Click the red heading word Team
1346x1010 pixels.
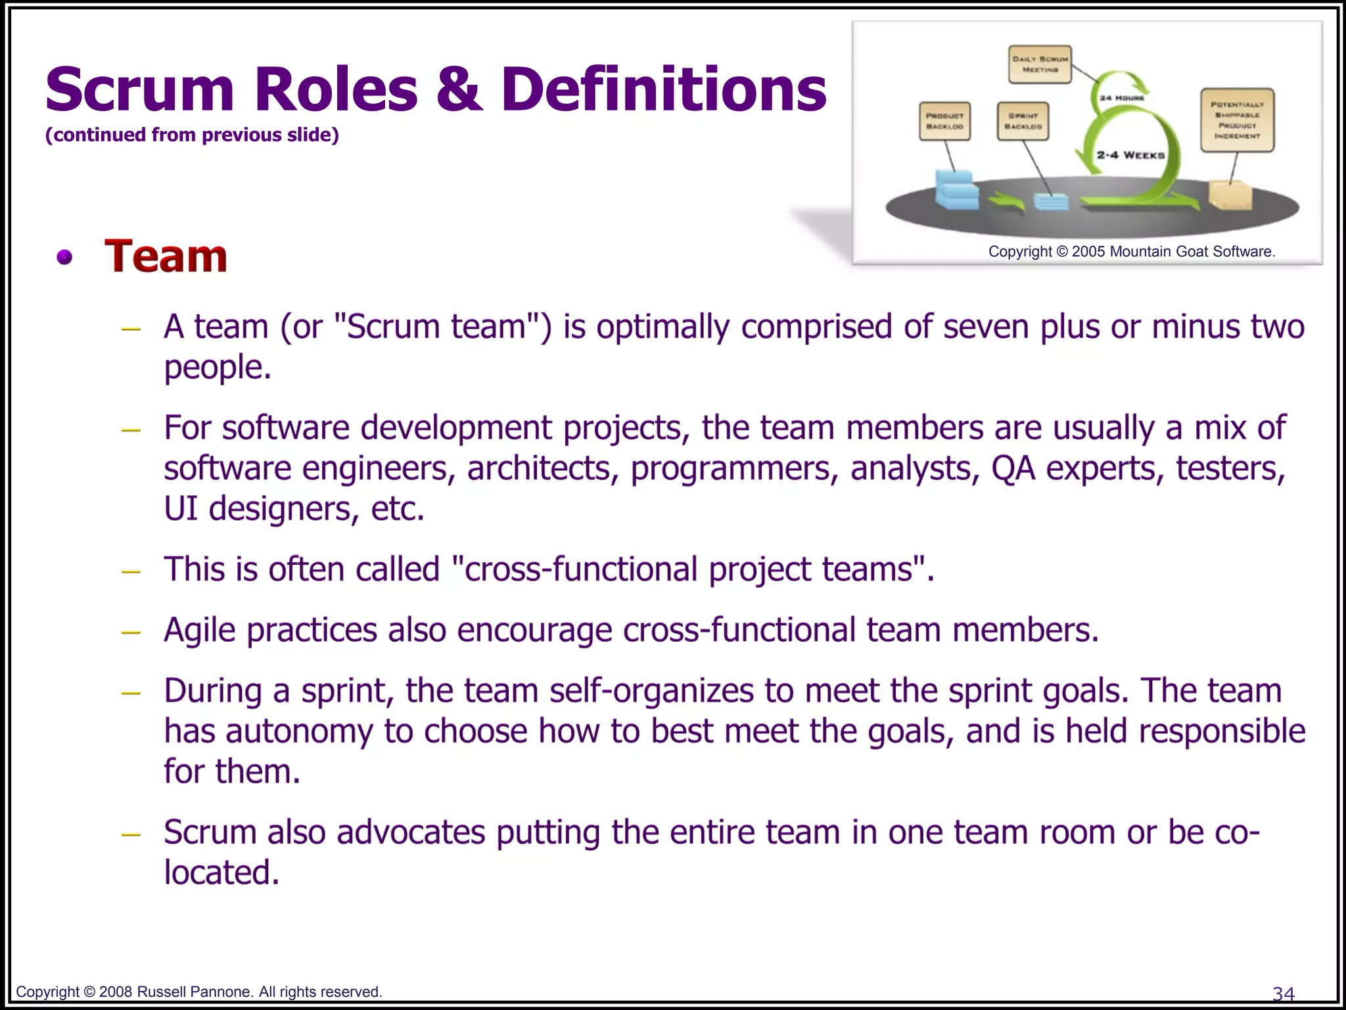166,256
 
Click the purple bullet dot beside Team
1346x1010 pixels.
64,257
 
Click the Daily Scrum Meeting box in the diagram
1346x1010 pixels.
1040,64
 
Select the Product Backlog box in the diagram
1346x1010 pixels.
944,121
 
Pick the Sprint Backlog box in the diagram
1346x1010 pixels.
1022,121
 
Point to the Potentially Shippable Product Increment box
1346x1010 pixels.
1237,120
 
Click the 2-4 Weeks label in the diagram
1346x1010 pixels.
1130,155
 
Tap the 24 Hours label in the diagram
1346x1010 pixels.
1122,98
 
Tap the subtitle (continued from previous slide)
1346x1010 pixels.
192,135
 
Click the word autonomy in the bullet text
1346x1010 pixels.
299,731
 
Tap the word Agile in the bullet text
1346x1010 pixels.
199,630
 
